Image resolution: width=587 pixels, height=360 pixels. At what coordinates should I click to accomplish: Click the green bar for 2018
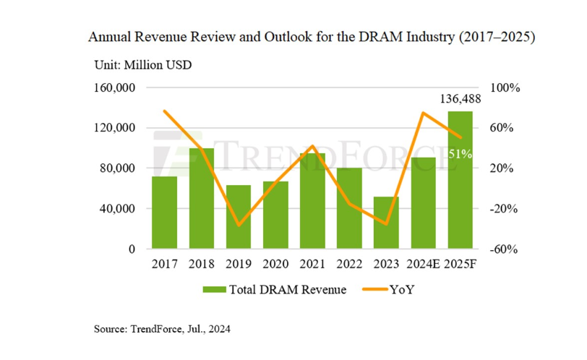(201, 199)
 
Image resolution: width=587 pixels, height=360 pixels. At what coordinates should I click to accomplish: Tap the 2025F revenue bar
(460, 181)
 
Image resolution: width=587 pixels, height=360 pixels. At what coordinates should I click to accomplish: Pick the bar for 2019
(239, 217)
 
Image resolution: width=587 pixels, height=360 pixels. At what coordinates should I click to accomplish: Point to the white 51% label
(460, 154)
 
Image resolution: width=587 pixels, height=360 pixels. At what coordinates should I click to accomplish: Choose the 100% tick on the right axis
(505, 88)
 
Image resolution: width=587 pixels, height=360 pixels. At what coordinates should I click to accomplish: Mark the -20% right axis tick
(505, 209)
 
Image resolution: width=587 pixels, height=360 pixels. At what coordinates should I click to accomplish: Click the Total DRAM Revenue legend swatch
(214, 291)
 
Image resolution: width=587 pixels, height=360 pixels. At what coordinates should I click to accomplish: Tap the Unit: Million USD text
(142, 64)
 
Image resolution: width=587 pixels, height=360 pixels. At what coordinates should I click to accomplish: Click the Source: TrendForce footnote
(162, 330)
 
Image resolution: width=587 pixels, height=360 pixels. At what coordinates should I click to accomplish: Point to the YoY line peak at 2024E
(423, 113)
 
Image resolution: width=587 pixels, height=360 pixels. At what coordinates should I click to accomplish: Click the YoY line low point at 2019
(239, 226)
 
